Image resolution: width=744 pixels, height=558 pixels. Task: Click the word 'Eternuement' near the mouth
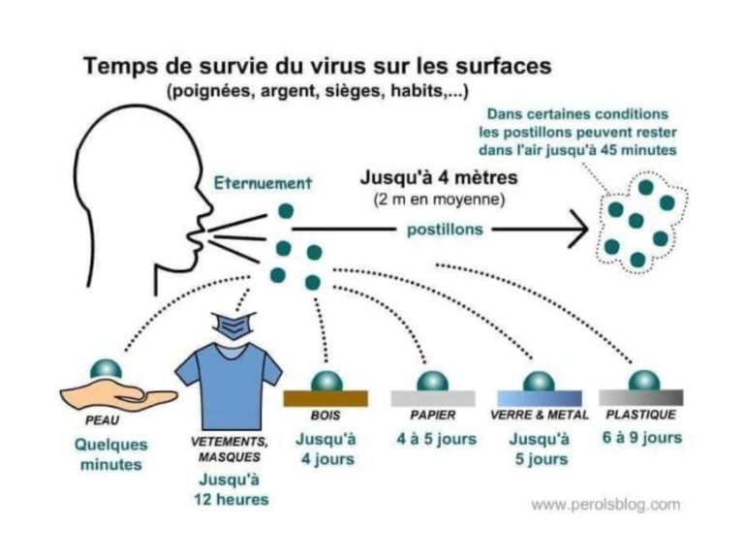[x=263, y=183]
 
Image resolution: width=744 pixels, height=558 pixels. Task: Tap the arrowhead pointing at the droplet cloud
[x=580, y=230]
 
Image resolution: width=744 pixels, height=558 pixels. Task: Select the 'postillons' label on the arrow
[x=445, y=230]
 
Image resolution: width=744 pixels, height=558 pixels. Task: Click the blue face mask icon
[x=234, y=325]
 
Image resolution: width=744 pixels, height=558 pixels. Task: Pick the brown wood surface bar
[x=325, y=398]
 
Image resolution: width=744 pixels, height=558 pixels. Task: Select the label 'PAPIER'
[x=433, y=416]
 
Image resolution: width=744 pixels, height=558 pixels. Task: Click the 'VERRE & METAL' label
[x=540, y=416]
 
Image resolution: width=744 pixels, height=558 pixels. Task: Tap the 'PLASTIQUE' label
[x=641, y=415]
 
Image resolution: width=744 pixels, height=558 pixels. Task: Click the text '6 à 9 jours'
[x=642, y=437]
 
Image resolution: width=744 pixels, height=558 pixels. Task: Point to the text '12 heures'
[x=232, y=499]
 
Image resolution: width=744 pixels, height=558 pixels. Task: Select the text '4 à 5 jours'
[x=437, y=439]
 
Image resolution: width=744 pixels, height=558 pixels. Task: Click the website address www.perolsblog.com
[x=605, y=504]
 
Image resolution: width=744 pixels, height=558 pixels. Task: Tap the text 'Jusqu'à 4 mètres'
[x=439, y=178]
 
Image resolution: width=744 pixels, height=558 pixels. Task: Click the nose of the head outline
[x=207, y=205]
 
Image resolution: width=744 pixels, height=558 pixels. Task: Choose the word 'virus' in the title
[x=339, y=66]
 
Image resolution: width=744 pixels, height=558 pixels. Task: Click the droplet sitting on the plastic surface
[x=644, y=380]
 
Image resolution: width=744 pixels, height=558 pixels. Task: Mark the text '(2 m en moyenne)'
[x=439, y=200]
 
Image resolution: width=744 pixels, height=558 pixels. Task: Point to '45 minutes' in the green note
[x=638, y=150]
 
